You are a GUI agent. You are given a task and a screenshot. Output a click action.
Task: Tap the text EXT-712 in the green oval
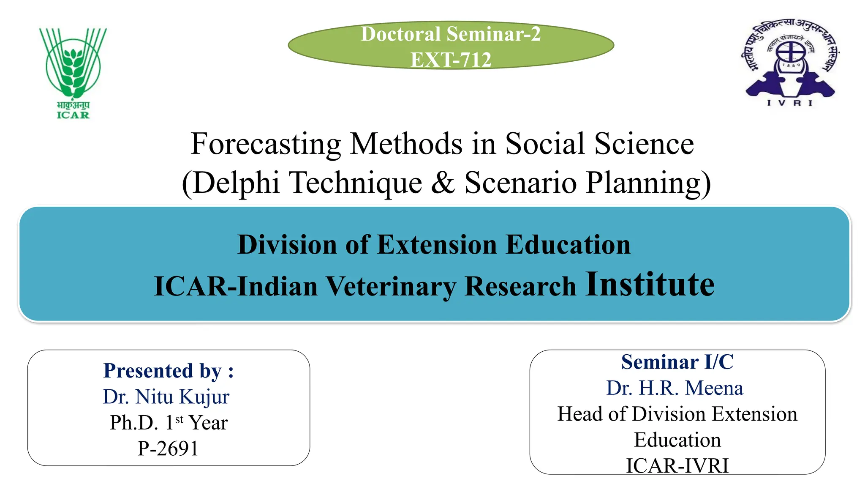tap(451, 60)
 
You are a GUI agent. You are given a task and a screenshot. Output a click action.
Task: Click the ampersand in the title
tap(443, 183)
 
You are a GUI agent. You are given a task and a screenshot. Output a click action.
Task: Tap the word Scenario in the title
tap(520, 183)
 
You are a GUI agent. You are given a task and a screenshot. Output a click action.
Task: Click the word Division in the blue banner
tap(287, 245)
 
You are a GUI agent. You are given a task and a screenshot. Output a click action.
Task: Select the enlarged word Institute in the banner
tap(650, 285)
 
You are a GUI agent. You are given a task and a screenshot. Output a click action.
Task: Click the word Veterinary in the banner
tap(391, 287)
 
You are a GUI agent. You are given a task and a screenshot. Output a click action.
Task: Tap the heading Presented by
tap(169, 371)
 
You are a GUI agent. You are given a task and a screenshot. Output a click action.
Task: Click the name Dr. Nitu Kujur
tap(166, 397)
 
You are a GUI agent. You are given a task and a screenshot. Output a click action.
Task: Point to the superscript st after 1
tap(179, 419)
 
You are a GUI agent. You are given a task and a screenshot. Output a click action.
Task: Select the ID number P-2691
tap(168, 449)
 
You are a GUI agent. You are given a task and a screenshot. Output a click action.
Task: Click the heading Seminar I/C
tap(677, 362)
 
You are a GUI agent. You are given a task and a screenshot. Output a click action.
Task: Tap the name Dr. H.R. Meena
tap(675, 388)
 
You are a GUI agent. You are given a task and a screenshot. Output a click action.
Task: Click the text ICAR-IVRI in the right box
tap(677, 465)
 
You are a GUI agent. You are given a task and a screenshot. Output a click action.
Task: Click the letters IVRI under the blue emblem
tap(789, 103)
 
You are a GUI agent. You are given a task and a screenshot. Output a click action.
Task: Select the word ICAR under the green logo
tap(73, 115)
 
